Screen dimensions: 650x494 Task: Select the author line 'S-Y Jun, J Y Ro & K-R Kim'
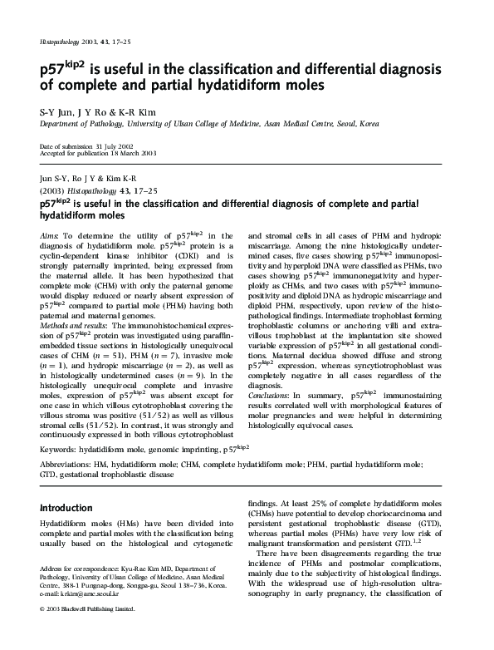[88, 110]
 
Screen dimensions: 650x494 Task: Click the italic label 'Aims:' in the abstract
[49, 236]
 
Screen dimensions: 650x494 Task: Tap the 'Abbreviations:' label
[71, 465]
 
